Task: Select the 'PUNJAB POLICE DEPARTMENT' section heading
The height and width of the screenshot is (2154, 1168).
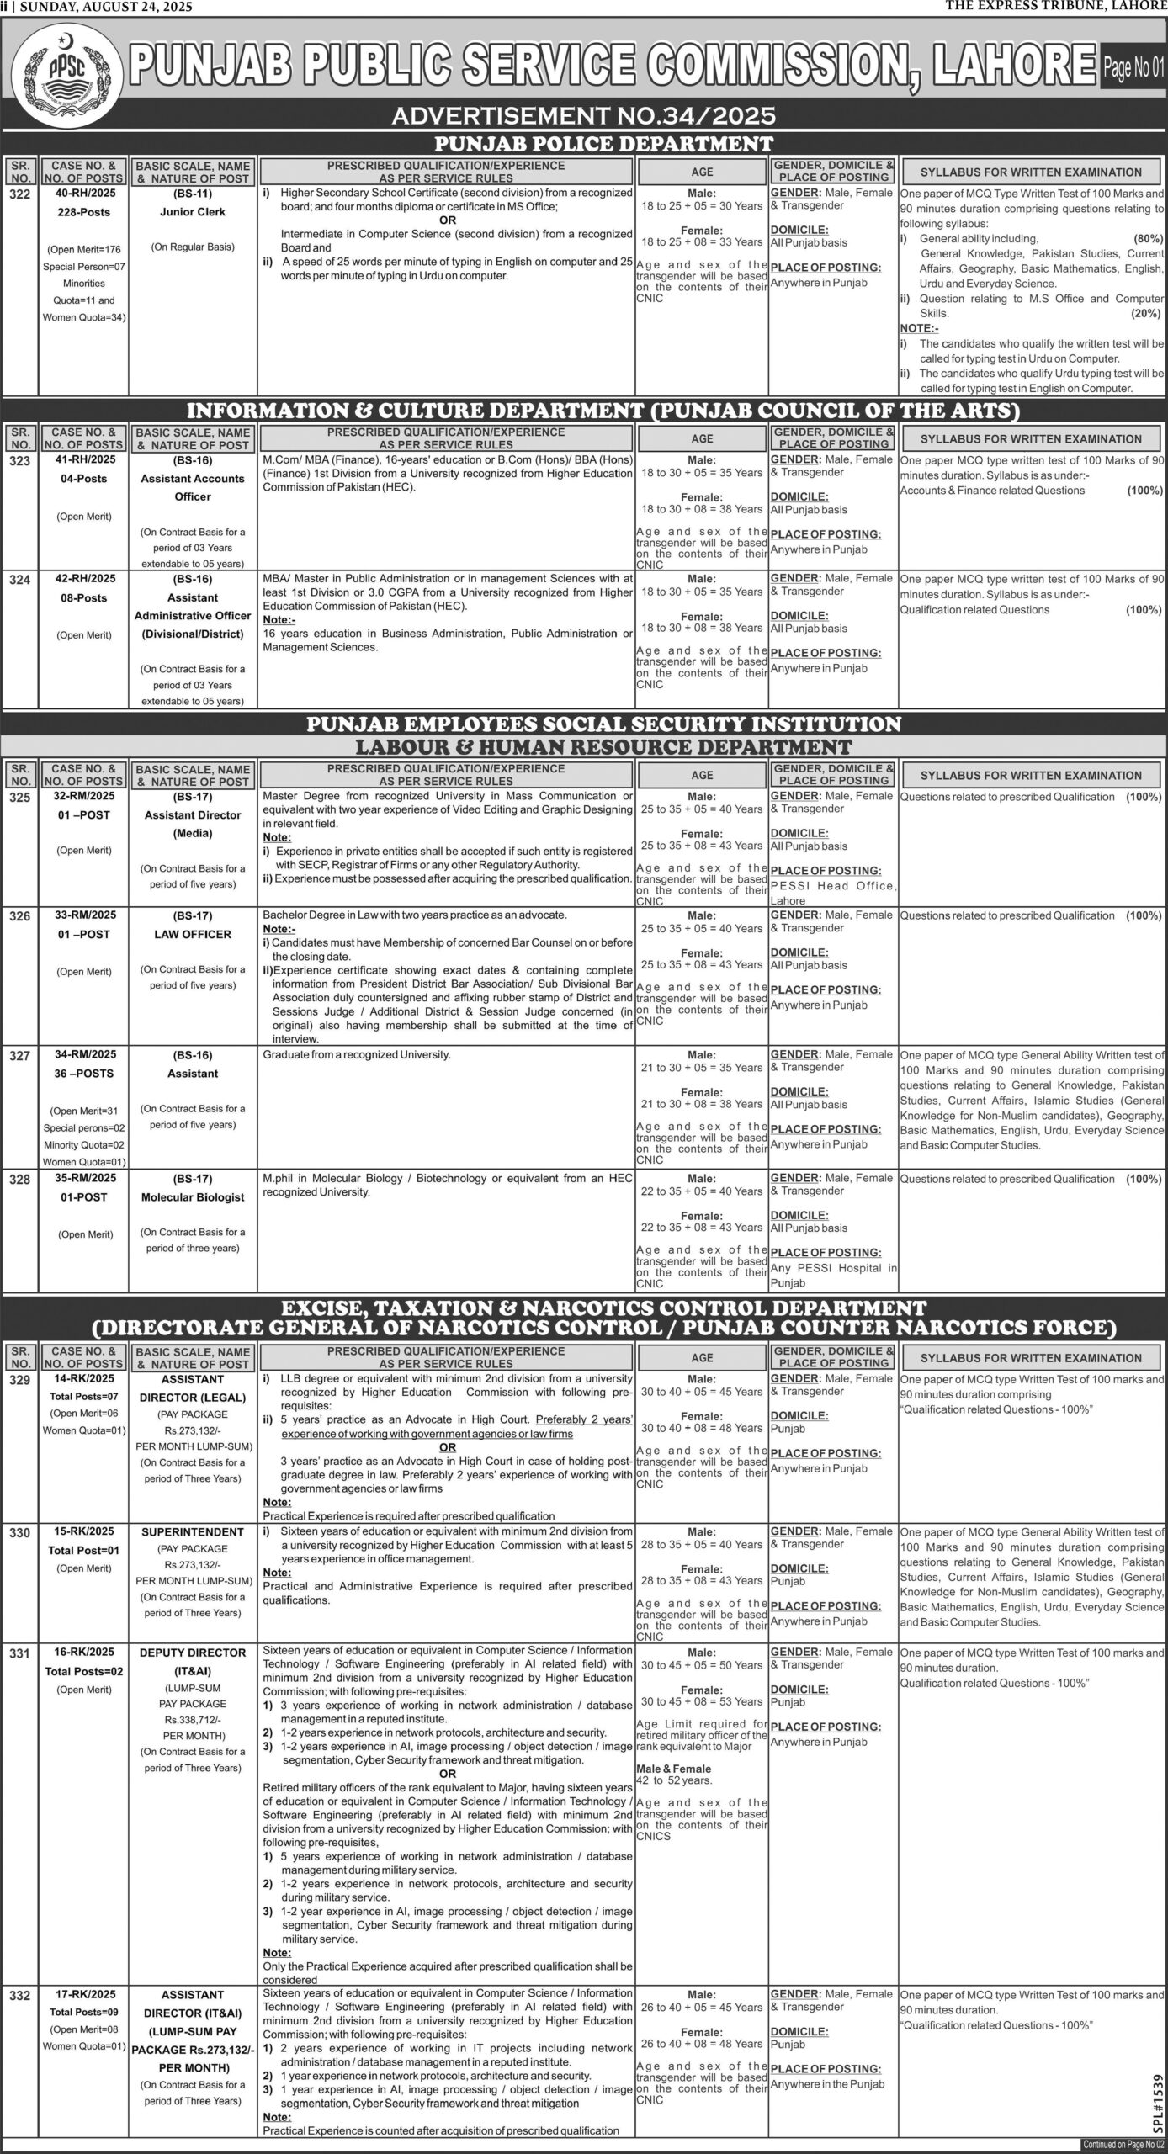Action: pos(603,143)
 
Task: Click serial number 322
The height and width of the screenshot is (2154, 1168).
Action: pos(20,194)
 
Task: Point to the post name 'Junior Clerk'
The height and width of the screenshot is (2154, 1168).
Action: pos(193,212)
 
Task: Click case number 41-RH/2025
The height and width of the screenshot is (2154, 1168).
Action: pos(83,460)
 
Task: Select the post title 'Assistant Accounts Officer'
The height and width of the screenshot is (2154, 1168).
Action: pos(193,487)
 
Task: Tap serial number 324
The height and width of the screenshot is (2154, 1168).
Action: pos(20,580)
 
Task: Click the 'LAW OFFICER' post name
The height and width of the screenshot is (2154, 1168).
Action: pos(193,934)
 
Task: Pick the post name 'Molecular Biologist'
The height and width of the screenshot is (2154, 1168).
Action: pos(193,1197)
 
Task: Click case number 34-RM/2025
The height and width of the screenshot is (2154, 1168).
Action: pos(83,1054)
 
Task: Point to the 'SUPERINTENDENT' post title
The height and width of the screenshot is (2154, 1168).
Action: pos(193,1532)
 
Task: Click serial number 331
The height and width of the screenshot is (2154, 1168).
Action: pos(20,1653)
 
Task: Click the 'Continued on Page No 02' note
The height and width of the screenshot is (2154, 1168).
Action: pos(1122,2145)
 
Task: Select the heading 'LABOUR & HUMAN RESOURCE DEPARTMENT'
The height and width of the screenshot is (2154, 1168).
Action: pos(603,746)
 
